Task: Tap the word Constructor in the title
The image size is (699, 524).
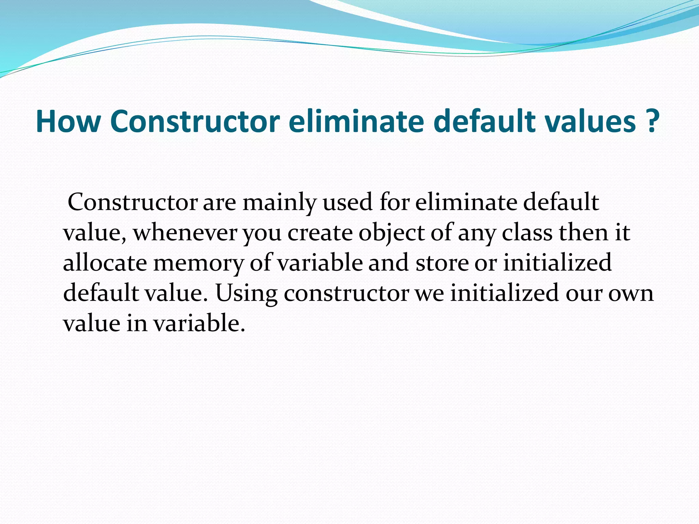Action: (x=195, y=121)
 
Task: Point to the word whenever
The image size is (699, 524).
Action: (x=185, y=233)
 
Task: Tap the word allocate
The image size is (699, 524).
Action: (x=105, y=263)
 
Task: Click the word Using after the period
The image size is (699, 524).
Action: (x=246, y=293)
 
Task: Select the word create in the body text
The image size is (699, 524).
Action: (x=320, y=233)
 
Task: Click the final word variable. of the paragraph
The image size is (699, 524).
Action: (x=199, y=323)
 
